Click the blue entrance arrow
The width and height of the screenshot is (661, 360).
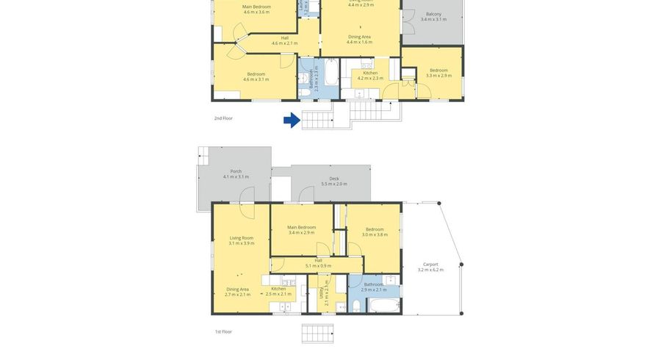coord(292,120)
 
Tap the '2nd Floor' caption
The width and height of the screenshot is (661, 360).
coord(223,118)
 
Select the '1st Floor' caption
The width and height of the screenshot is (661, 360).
coord(223,331)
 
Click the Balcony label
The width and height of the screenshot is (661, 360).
coord(433,14)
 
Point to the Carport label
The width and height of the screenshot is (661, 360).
coord(430,264)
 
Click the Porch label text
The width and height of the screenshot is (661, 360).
coord(236,171)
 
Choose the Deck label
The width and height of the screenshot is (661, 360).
coord(334,179)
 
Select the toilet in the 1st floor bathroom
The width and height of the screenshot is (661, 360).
coord(356,306)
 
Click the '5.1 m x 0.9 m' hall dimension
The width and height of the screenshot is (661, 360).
coord(318,266)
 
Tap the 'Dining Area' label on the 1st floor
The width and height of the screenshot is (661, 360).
coord(236,289)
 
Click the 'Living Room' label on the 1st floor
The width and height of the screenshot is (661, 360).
coord(241,237)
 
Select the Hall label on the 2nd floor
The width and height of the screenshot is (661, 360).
coord(284,38)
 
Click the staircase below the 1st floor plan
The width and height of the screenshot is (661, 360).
coord(317,334)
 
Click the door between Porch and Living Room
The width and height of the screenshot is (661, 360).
coord(247,195)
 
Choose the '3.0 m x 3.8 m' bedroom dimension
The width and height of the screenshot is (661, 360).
coord(374,234)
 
